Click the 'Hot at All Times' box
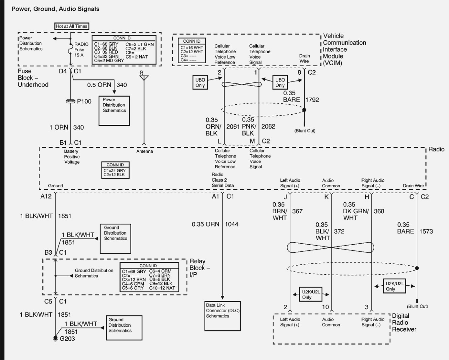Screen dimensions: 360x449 (72, 26)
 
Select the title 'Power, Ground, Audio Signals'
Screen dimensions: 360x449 (56, 9)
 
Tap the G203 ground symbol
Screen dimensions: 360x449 (56, 338)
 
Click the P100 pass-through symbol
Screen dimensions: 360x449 (71, 101)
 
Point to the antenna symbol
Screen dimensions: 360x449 (144, 77)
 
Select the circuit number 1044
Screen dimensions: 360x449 (231, 224)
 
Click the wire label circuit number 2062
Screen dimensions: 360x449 (268, 127)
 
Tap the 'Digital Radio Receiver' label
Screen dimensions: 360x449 (404, 323)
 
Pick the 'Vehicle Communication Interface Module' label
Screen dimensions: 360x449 (344, 49)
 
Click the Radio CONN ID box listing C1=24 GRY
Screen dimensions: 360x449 (115, 170)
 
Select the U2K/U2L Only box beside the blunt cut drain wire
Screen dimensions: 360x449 (395, 286)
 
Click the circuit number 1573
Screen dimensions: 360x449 (426, 231)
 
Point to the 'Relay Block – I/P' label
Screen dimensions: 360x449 (200, 268)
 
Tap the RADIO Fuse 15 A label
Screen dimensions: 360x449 (81, 49)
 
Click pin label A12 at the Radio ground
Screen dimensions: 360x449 (46, 196)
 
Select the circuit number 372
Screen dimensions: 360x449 (339, 231)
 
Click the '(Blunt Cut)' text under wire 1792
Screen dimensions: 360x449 (305, 131)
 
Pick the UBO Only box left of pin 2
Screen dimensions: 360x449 (200, 83)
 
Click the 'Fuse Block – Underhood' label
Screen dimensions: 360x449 (33, 78)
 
